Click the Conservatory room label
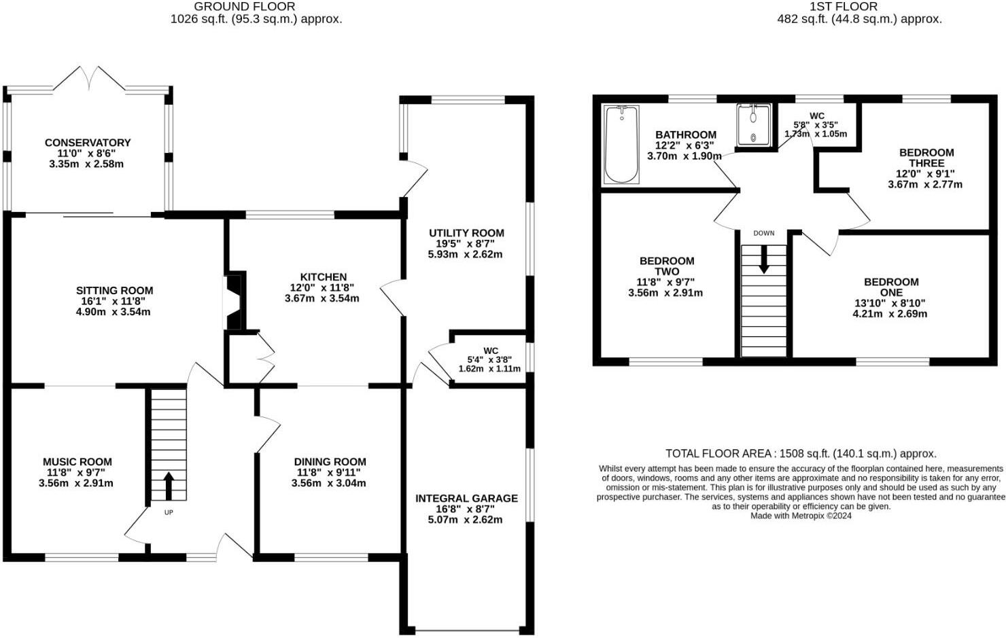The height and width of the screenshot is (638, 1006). point(87,143)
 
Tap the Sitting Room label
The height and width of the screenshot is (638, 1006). point(114,291)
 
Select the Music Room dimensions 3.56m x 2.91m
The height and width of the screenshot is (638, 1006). point(76,484)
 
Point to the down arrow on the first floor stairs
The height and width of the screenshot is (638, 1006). point(763,260)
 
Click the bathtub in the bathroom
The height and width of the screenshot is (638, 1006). point(621,144)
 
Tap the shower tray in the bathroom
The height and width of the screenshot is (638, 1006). point(753,124)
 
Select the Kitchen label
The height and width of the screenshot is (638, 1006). point(323,277)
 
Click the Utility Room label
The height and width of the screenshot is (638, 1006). point(466,233)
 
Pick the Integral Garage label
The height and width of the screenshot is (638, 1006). point(466,498)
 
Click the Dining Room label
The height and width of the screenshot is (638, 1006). point(330,462)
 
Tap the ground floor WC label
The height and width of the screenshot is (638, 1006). point(490,351)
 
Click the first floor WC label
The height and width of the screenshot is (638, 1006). point(816,116)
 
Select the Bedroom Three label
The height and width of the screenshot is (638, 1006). point(926,158)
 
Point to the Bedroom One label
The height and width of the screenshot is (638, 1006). point(890,287)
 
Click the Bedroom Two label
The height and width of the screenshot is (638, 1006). point(666,266)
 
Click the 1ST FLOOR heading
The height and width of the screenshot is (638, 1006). point(843,7)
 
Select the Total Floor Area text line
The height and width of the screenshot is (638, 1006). point(801,453)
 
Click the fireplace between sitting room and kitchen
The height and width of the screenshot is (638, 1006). point(233,302)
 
